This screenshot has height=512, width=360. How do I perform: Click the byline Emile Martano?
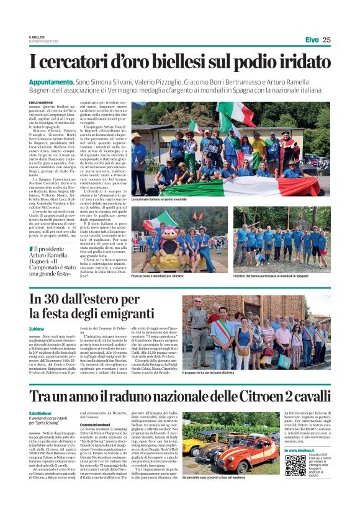[x=42, y=102]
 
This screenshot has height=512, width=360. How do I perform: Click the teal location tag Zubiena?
[x=37, y=329]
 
